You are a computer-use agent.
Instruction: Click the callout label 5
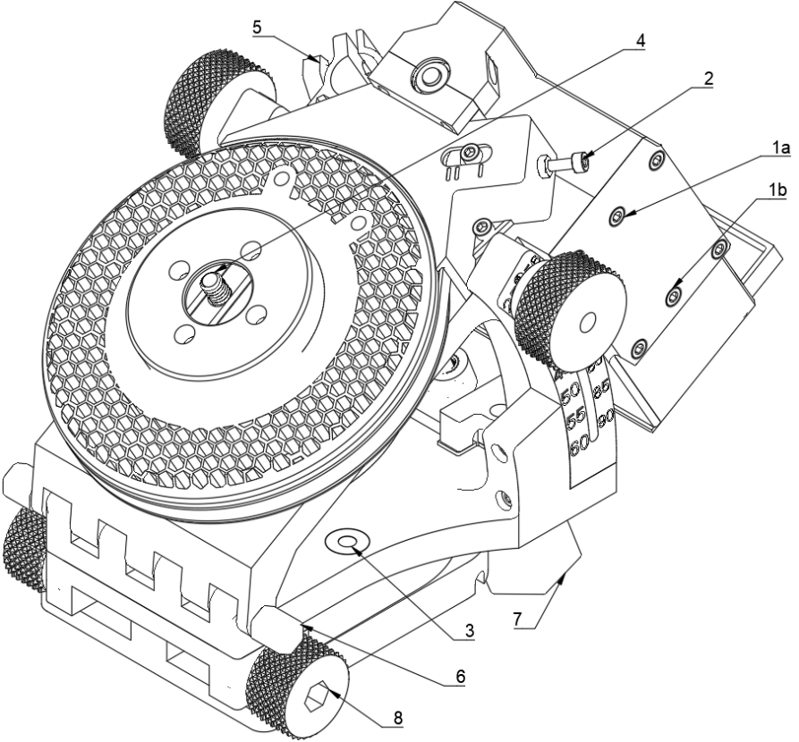pyautogui.click(x=258, y=28)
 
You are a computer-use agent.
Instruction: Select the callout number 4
pyautogui.click(x=641, y=41)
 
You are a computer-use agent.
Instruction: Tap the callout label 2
pyautogui.click(x=709, y=79)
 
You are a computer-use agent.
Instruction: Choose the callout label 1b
pyautogui.click(x=778, y=190)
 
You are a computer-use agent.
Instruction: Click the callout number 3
pyautogui.click(x=468, y=630)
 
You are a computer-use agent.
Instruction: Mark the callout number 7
pyautogui.click(x=518, y=620)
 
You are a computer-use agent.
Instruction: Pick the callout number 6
pyautogui.click(x=461, y=677)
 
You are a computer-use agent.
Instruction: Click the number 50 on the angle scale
pyautogui.click(x=570, y=393)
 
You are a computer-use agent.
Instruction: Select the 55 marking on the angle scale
pyautogui.click(x=575, y=418)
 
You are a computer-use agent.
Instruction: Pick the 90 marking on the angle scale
pyautogui.click(x=607, y=416)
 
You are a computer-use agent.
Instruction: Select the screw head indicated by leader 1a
pyautogui.click(x=618, y=217)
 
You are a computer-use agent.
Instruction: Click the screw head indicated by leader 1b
pyautogui.click(x=674, y=297)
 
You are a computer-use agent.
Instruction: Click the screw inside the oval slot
pyautogui.click(x=470, y=151)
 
